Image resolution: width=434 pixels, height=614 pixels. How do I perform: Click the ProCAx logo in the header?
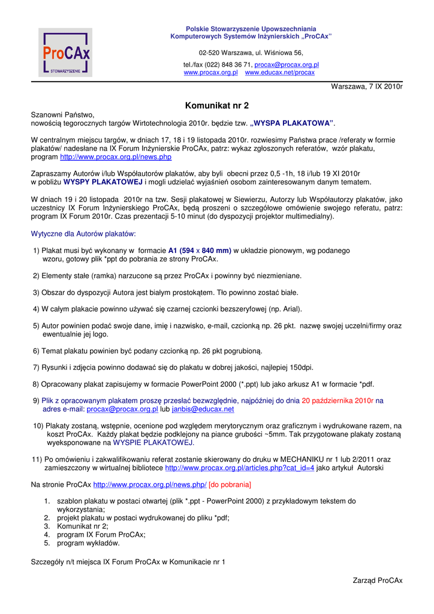66,53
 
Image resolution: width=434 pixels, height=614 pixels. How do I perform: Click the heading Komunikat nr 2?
217,106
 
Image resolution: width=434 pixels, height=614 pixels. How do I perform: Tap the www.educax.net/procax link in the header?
279,73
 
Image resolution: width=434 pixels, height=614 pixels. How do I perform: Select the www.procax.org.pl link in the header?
210,73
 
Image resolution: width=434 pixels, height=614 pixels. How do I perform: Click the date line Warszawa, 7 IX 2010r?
367,87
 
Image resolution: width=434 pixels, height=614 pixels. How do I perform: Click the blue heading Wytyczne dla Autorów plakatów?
83,233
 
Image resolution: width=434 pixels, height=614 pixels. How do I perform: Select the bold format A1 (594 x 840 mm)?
200,251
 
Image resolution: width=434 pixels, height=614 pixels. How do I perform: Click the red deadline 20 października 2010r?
337,401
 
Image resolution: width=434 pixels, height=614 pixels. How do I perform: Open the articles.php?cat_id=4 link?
239,468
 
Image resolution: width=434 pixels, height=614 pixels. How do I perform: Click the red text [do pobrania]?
230,484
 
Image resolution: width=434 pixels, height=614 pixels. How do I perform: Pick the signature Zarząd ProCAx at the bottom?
378,580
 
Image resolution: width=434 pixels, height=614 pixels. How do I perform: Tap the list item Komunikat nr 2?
83,526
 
